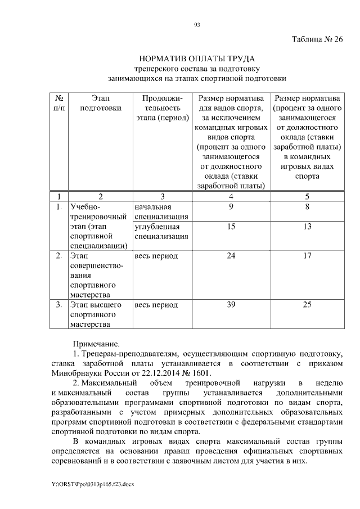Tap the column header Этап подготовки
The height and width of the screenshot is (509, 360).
point(101,103)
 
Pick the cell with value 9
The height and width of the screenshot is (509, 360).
point(231,207)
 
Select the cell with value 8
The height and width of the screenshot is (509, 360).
point(307,207)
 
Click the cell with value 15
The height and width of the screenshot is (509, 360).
point(231,227)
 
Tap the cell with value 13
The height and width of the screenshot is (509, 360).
point(307,227)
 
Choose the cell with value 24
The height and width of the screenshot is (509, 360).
point(231,256)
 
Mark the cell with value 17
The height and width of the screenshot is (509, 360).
point(307,256)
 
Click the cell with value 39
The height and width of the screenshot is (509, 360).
point(231,305)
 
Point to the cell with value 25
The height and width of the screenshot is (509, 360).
point(307,305)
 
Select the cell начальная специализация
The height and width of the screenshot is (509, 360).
point(161,212)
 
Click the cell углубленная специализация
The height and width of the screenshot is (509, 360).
point(161,232)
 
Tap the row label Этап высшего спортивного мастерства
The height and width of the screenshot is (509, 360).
point(96,314)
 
